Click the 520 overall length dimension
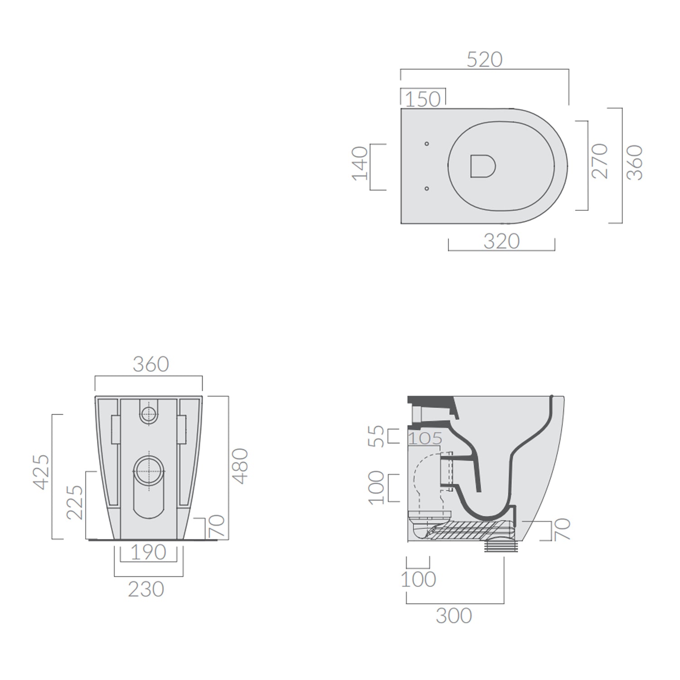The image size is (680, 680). [484, 60]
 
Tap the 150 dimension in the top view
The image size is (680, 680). [423, 99]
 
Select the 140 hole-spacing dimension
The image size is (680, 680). [360, 163]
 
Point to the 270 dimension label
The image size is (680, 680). [599, 161]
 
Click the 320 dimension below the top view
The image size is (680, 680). [501, 241]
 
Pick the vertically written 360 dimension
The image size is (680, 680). [635, 163]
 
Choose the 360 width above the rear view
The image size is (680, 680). [151, 364]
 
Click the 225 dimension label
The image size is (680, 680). [75, 502]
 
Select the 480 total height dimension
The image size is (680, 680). [240, 466]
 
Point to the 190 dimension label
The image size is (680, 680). [148, 552]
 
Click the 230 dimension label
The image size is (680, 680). [146, 589]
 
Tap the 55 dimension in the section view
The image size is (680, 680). [376, 436]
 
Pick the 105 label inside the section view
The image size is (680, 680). [425, 438]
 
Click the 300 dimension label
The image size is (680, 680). [454, 616]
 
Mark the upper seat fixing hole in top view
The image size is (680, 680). [427, 144]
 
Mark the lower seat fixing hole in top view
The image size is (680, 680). [427, 188]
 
